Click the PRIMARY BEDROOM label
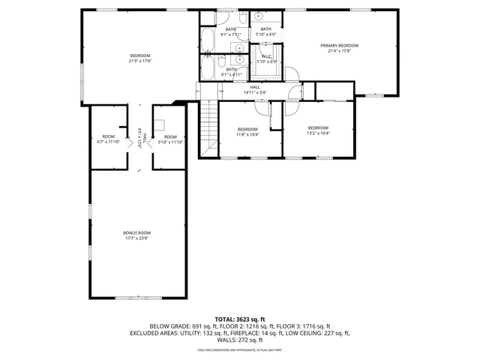tap(339, 46)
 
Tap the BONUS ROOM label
tap(136, 232)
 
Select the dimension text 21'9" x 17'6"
tap(140, 61)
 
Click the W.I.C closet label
tap(266, 56)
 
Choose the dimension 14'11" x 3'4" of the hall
tap(255, 92)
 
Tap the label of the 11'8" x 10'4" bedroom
tap(247, 129)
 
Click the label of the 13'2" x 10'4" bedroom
tap(318, 127)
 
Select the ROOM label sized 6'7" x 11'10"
tap(109, 136)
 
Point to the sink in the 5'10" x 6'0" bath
tap(256, 16)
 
